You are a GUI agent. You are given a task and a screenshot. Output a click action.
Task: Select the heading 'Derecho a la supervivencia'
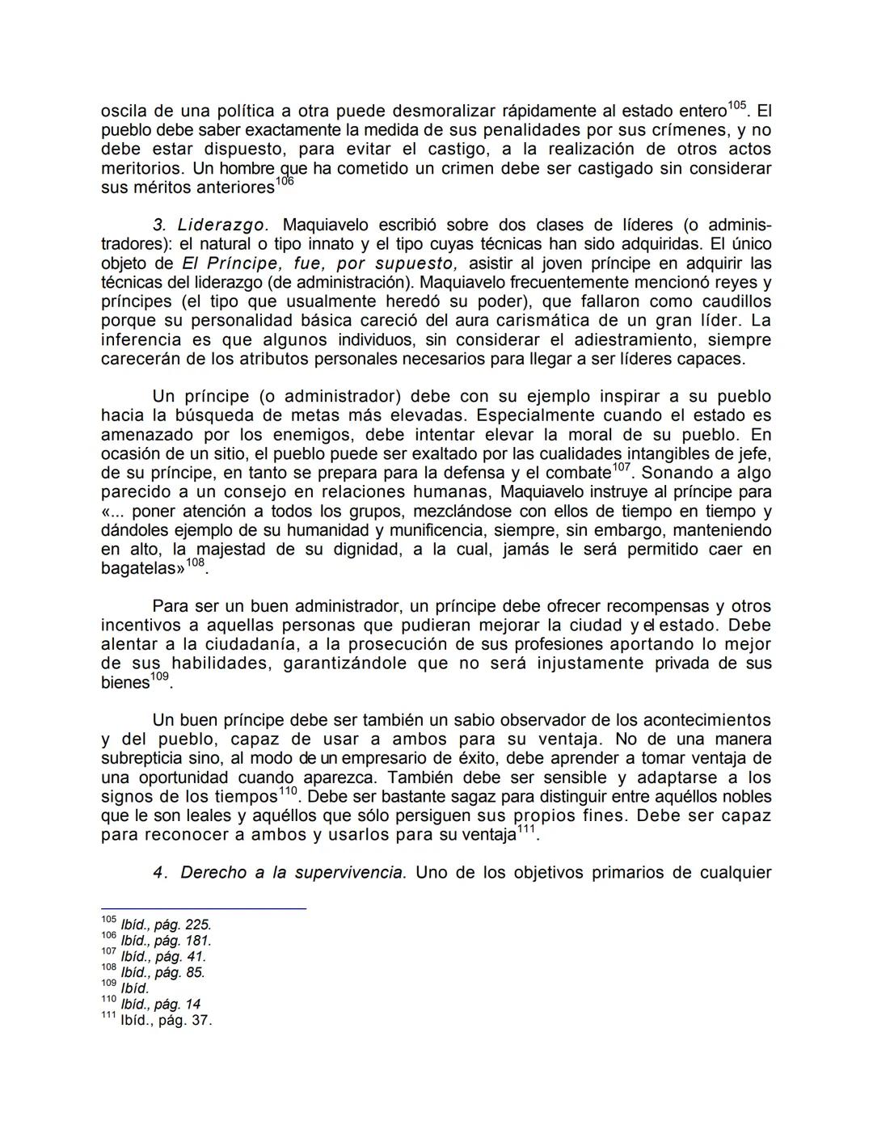coord(291,873)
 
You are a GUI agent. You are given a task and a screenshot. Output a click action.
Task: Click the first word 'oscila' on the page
coord(124,112)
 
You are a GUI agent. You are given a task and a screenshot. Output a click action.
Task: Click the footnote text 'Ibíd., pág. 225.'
coord(166,925)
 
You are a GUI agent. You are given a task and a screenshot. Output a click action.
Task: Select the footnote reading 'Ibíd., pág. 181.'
coord(166,942)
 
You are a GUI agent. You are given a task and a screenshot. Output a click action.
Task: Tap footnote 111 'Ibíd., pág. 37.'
coord(166,1021)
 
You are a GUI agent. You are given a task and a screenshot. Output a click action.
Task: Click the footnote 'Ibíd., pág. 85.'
coord(162,973)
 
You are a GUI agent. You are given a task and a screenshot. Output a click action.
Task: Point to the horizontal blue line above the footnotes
coord(203,909)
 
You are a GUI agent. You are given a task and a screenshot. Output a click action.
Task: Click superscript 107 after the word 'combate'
coord(622,468)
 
